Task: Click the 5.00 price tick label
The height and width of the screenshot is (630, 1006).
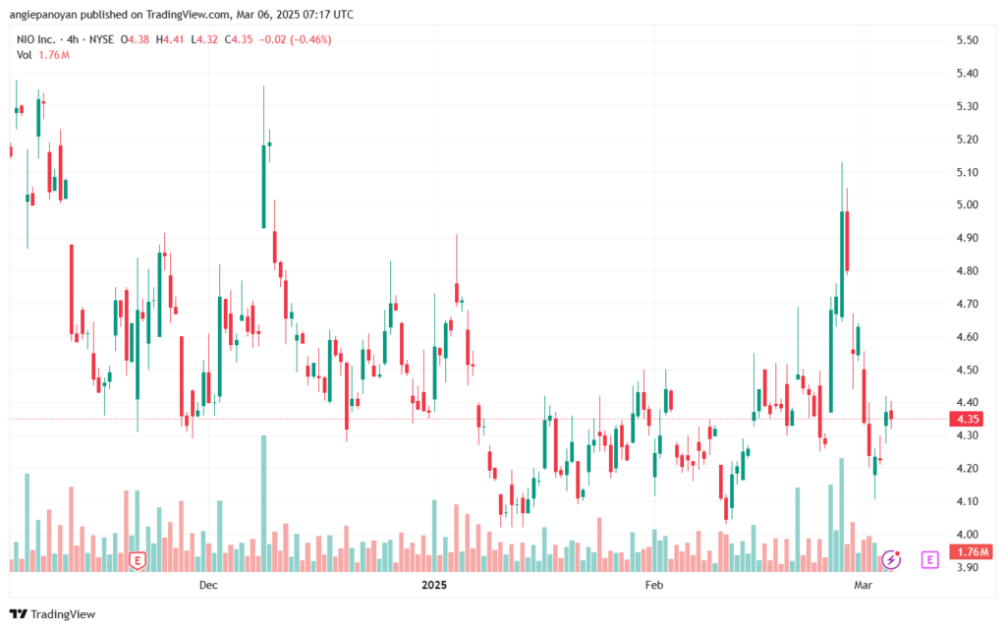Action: coord(967,204)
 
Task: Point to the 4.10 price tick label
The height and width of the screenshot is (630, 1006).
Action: coord(967,501)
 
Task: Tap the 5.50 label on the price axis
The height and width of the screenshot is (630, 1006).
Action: coord(967,39)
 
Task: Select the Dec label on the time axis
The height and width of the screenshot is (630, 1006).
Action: coord(208,585)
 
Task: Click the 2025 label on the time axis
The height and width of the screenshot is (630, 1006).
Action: coord(433,585)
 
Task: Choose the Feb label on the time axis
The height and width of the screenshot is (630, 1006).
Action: coord(653,585)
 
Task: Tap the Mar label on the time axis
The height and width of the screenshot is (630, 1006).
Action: coord(863,585)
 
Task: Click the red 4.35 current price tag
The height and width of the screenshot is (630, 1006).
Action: coord(968,419)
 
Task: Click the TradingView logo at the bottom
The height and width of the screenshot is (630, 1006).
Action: coord(53,614)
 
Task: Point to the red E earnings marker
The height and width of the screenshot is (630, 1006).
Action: coord(137,560)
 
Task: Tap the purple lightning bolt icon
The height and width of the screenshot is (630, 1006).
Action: coord(890,559)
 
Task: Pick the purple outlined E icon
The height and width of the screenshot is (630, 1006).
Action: coord(929,559)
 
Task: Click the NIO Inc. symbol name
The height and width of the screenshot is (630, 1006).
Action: coord(36,39)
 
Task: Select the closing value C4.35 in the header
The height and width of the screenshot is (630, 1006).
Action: coord(239,39)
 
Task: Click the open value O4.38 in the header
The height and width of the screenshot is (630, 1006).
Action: coord(135,39)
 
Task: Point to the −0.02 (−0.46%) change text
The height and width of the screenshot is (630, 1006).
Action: coord(295,39)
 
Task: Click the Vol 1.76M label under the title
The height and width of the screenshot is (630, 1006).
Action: coord(43,55)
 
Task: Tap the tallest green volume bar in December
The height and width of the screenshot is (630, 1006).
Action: coord(263,503)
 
